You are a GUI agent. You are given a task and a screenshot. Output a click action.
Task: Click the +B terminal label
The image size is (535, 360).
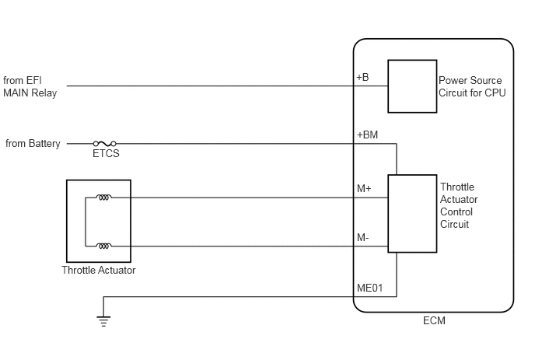click(x=362, y=78)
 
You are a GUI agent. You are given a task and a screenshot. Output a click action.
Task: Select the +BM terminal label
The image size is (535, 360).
click(x=368, y=135)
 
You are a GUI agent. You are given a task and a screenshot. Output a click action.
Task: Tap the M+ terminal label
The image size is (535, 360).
click(x=364, y=188)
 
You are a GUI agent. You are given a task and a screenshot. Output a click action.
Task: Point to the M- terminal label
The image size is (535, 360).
click(x=363, y=237)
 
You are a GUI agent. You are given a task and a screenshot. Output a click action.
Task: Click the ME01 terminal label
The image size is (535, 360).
click(x=370, y=288)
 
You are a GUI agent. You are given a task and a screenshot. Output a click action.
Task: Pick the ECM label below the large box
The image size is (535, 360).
click(x=434, y=321)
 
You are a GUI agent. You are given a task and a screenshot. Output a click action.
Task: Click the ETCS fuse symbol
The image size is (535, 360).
click(x=105, y=144)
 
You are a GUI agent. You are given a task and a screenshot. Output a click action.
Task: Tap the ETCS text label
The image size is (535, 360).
click(x=106, y=153)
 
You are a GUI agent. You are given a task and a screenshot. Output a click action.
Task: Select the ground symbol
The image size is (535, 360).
click(x=103, y=321)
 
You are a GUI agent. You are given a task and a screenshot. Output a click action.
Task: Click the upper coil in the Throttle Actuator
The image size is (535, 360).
click(x=103, y=197)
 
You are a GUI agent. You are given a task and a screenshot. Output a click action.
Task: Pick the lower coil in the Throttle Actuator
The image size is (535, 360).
click(x=103, y=246)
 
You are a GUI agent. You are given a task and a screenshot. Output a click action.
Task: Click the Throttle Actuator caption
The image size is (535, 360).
click(x=99, y=271)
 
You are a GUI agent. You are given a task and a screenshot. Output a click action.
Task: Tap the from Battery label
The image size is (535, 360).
click(x=33, y=143)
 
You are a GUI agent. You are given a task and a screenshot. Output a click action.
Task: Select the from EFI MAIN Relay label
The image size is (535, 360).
click(x=30, y=86)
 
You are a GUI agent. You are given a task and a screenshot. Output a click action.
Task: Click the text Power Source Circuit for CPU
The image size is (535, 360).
click(x=472, y=86)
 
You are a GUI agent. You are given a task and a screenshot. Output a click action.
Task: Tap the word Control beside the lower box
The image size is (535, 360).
click(x=456, y=212)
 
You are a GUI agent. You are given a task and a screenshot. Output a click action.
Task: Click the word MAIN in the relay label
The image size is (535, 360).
click(x=16, y=93)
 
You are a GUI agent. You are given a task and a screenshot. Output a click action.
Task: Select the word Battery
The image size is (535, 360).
click(x=44, y=144)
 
